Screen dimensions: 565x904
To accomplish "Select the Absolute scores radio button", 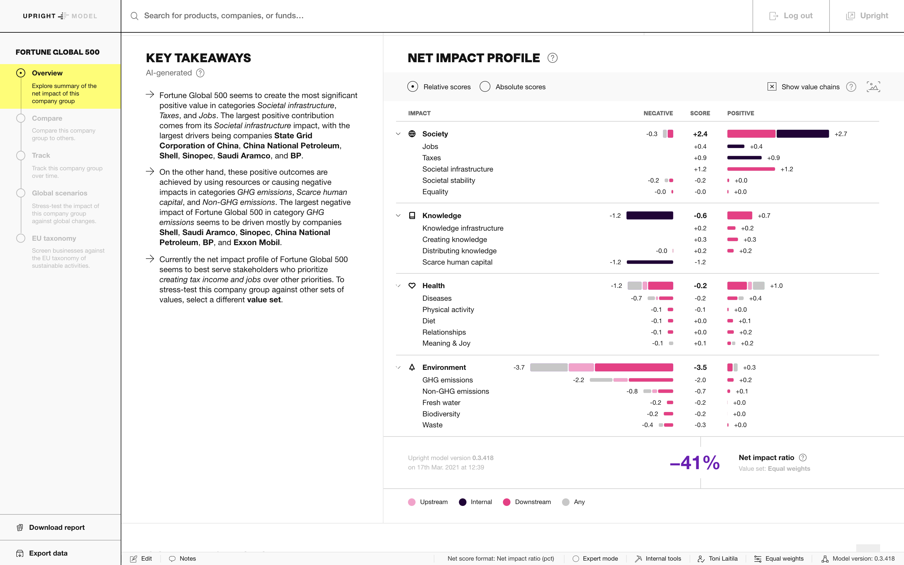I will [485, 87].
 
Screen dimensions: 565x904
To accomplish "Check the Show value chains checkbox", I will [772, 87].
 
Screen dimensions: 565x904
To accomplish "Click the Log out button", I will [791, 16].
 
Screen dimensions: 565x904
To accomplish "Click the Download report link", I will [57, 527].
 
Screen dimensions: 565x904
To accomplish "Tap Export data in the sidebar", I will [48, 553].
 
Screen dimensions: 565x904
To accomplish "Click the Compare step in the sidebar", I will [47, 118].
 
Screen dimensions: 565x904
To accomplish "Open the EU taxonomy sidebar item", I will [54, 239].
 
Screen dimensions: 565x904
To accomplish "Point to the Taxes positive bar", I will [744, 158].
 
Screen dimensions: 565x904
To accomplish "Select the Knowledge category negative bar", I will [649, 216].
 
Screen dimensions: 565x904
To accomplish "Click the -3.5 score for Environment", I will [700, 367].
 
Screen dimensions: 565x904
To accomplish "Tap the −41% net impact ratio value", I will [695, 463].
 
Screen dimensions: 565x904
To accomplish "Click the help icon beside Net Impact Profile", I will [552, 58].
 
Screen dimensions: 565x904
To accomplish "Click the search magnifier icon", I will [135, 16].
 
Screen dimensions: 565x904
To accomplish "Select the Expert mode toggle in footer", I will [595, 559].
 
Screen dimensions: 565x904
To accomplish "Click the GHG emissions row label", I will [447, 380].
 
